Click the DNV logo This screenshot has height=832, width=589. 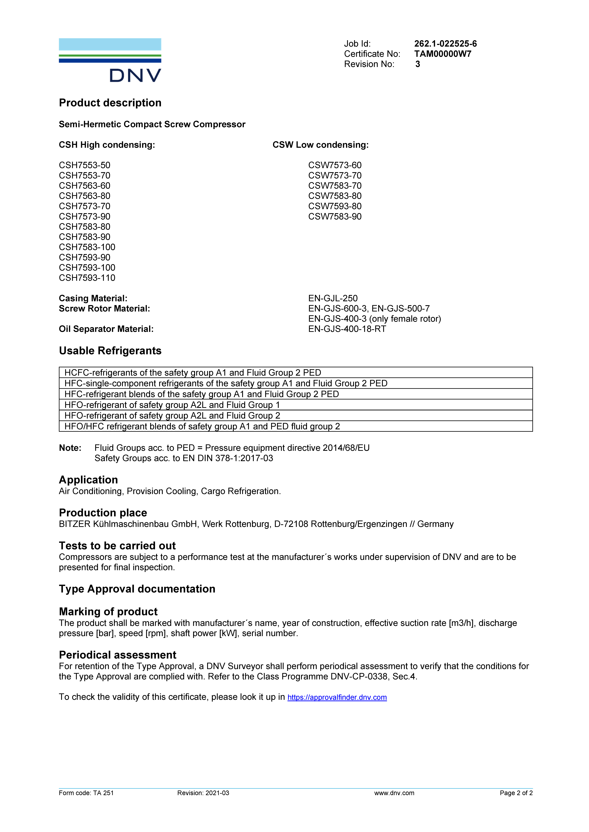coord(110,60)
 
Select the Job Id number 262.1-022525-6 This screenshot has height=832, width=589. coord(445,44)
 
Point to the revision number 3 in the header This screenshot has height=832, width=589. coord(417,64)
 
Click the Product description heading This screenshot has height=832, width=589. coord(110,103)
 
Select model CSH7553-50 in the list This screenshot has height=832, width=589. coord(85,165)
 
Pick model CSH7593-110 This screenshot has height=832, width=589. coord(87,278)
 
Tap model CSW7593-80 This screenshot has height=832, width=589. coord(335,206)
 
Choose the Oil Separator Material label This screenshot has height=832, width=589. coord(106,329)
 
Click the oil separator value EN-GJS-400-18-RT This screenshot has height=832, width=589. coord(347,329)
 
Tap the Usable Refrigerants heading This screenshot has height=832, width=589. coord(110,351)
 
